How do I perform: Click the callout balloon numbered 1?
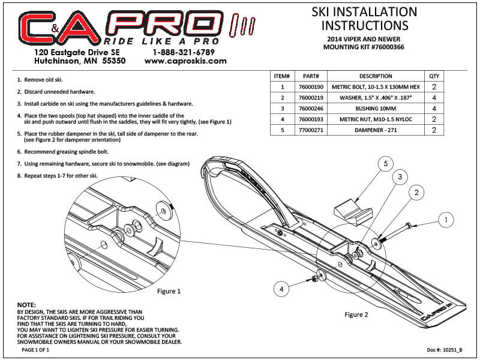click(445, 221)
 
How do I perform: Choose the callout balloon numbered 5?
click(387, 163)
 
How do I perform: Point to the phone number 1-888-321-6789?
click(179, 52)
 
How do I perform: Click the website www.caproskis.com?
click(185, 61)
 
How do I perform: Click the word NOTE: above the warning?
click(27, 305)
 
